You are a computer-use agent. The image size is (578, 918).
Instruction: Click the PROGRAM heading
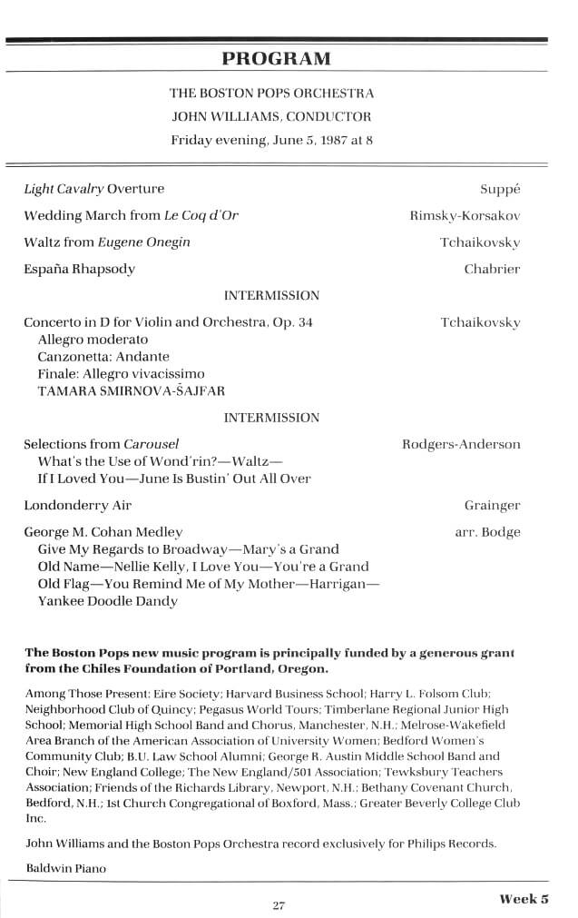(x=277, y=60)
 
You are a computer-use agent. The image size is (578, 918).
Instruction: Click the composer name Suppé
(x=500, y=190)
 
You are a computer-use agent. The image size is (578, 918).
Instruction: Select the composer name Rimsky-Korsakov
(x=465, y=216)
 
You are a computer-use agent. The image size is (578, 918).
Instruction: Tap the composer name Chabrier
(x=492, y=270)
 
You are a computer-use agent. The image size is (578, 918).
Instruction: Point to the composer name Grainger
(x=492, y=506)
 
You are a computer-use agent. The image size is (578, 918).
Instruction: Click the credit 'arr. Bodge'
(x=487, y=532)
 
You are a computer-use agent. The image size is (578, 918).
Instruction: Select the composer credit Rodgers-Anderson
(x=461, y=445)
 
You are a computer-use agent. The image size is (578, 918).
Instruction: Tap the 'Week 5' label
(x=524, y=900)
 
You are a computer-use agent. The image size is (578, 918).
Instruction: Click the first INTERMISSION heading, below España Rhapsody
(x=271, y=296)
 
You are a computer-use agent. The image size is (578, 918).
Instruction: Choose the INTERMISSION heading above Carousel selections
(x=271, y=419)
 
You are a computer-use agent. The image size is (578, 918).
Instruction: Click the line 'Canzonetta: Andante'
(x=103, y=357)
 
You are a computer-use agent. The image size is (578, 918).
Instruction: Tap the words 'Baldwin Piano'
(x=66, y=869)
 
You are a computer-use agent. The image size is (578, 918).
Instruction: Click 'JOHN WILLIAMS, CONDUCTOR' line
(x=271, y=117)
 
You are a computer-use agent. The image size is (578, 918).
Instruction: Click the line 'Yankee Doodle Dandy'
(x=107, y=601)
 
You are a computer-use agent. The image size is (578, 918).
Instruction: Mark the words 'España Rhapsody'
(x=80, y=270)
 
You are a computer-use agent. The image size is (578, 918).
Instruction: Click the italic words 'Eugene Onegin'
(x=148, y=243)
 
